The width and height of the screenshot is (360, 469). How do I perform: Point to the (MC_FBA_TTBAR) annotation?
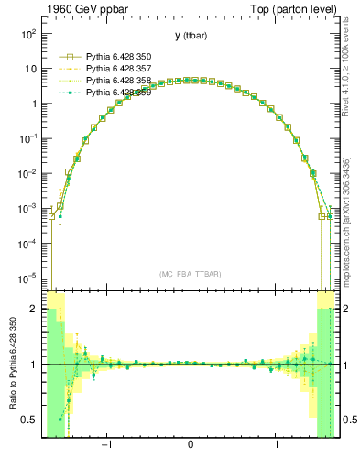click(189, 274)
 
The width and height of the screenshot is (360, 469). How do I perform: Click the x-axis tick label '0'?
click(190, 447)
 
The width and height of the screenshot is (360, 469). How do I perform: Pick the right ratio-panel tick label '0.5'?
click(349, 420)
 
